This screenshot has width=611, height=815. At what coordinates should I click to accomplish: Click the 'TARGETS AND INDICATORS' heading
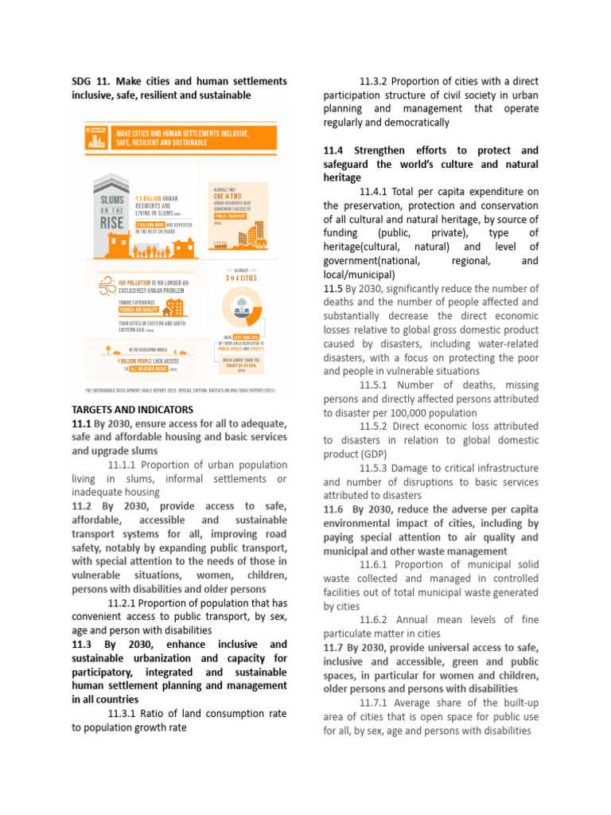(x=132, y=410)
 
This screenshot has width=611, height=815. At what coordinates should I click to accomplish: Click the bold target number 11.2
(x=82, y=506)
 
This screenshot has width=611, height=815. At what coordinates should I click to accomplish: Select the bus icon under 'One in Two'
(x=220, y=244)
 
